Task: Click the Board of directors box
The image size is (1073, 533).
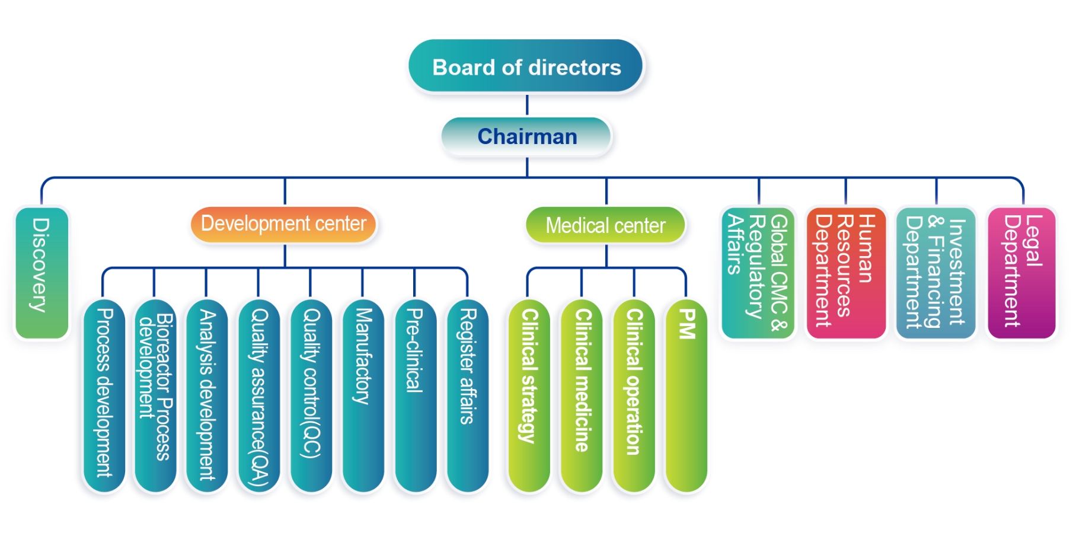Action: point(526,66)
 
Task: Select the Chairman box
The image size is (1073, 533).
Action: point(526,136)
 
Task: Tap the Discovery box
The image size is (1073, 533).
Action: point(41,273)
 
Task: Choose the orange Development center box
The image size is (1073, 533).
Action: point(284,224)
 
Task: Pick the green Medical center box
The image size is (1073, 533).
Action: point(605,225)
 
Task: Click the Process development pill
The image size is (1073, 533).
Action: point(104,396)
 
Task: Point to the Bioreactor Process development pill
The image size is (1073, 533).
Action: point(155,396)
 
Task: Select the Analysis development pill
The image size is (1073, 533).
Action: point(207,396)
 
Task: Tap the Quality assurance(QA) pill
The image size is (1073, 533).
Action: point(259,396)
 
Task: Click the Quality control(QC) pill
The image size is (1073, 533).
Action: point(311,396)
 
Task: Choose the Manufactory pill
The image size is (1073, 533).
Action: point(363,396)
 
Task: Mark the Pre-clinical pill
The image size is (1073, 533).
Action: point(415,396)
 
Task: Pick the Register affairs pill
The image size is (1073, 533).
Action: point(467,396)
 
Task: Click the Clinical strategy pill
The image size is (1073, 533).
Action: point(529,396)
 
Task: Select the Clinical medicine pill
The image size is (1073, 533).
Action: point(582,396)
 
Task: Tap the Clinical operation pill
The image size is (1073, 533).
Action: point(634,396)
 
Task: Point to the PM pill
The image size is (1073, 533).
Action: point(686,396)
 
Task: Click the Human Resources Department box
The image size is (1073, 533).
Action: point(846,273)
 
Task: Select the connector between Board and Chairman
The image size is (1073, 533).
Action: point(527,105)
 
